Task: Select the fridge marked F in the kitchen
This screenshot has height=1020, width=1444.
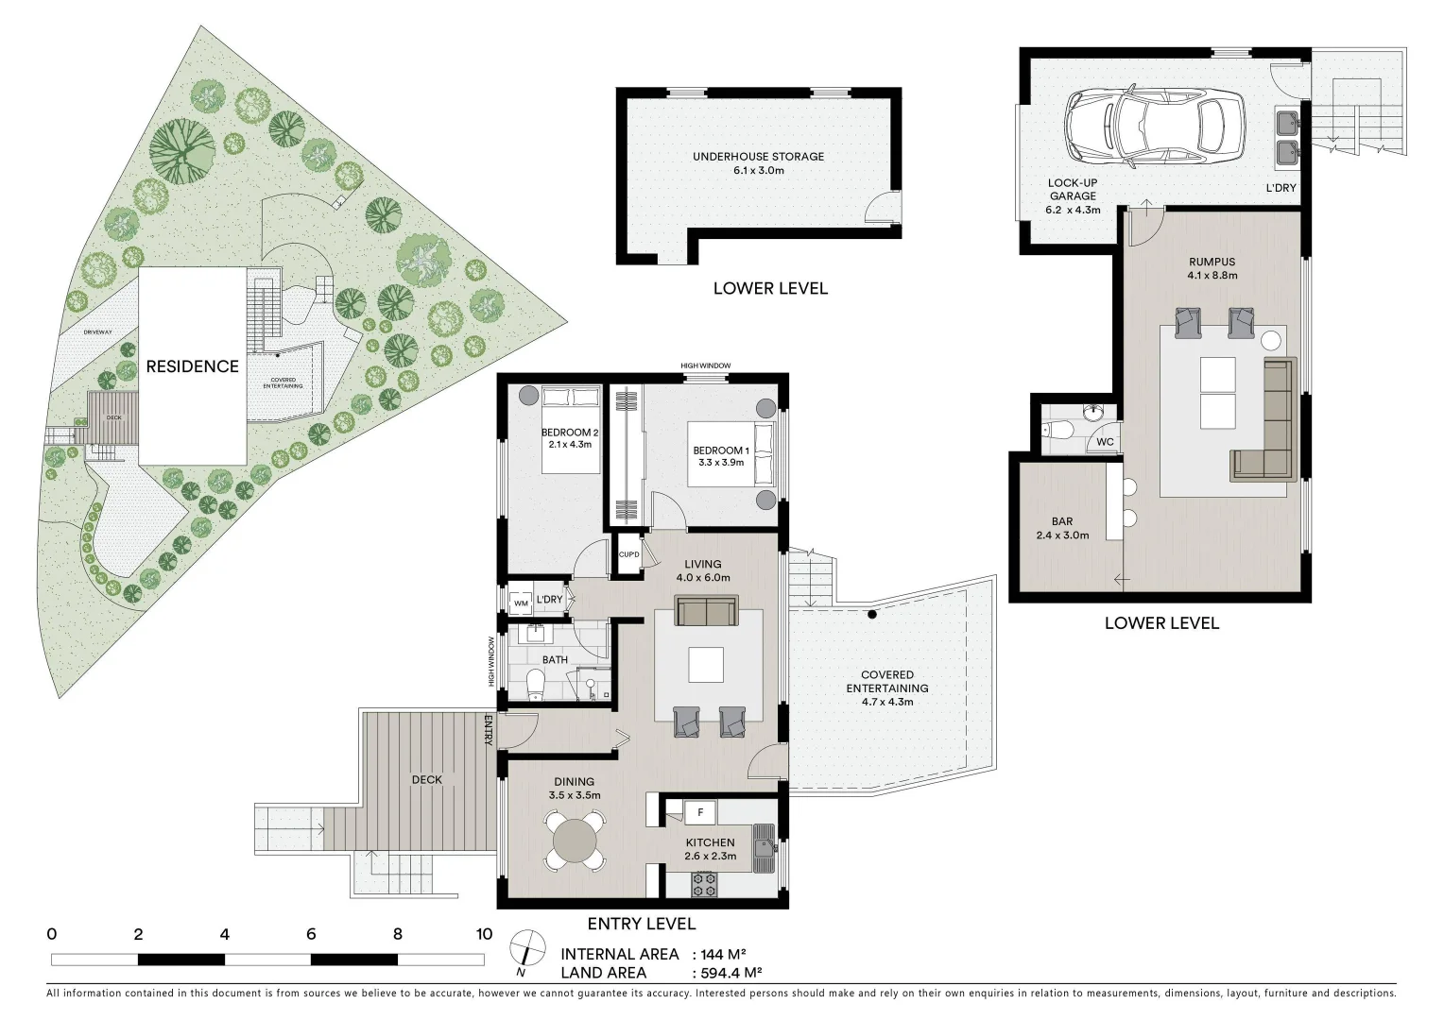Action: (699, 811)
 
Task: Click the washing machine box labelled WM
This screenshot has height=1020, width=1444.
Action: (521, 603)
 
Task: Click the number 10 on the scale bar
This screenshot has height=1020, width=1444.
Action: (484, 935)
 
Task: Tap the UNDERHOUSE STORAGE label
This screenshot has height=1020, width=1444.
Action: (758, 157)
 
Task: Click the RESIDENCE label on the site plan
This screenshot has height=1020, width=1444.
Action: (192, 366)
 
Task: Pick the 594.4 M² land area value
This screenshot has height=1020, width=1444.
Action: (727, 973)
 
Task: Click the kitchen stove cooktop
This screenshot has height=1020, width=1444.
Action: (704, 884)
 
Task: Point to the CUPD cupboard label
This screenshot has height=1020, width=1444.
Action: (628, 554)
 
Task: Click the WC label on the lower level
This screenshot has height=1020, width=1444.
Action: (1105, 442)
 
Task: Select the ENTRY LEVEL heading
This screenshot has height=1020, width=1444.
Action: (641, 924)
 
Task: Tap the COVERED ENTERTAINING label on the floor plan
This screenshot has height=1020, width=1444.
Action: (886, 681)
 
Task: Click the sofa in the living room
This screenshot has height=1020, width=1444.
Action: (707, 611)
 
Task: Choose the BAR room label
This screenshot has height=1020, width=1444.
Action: (1062, 521)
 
